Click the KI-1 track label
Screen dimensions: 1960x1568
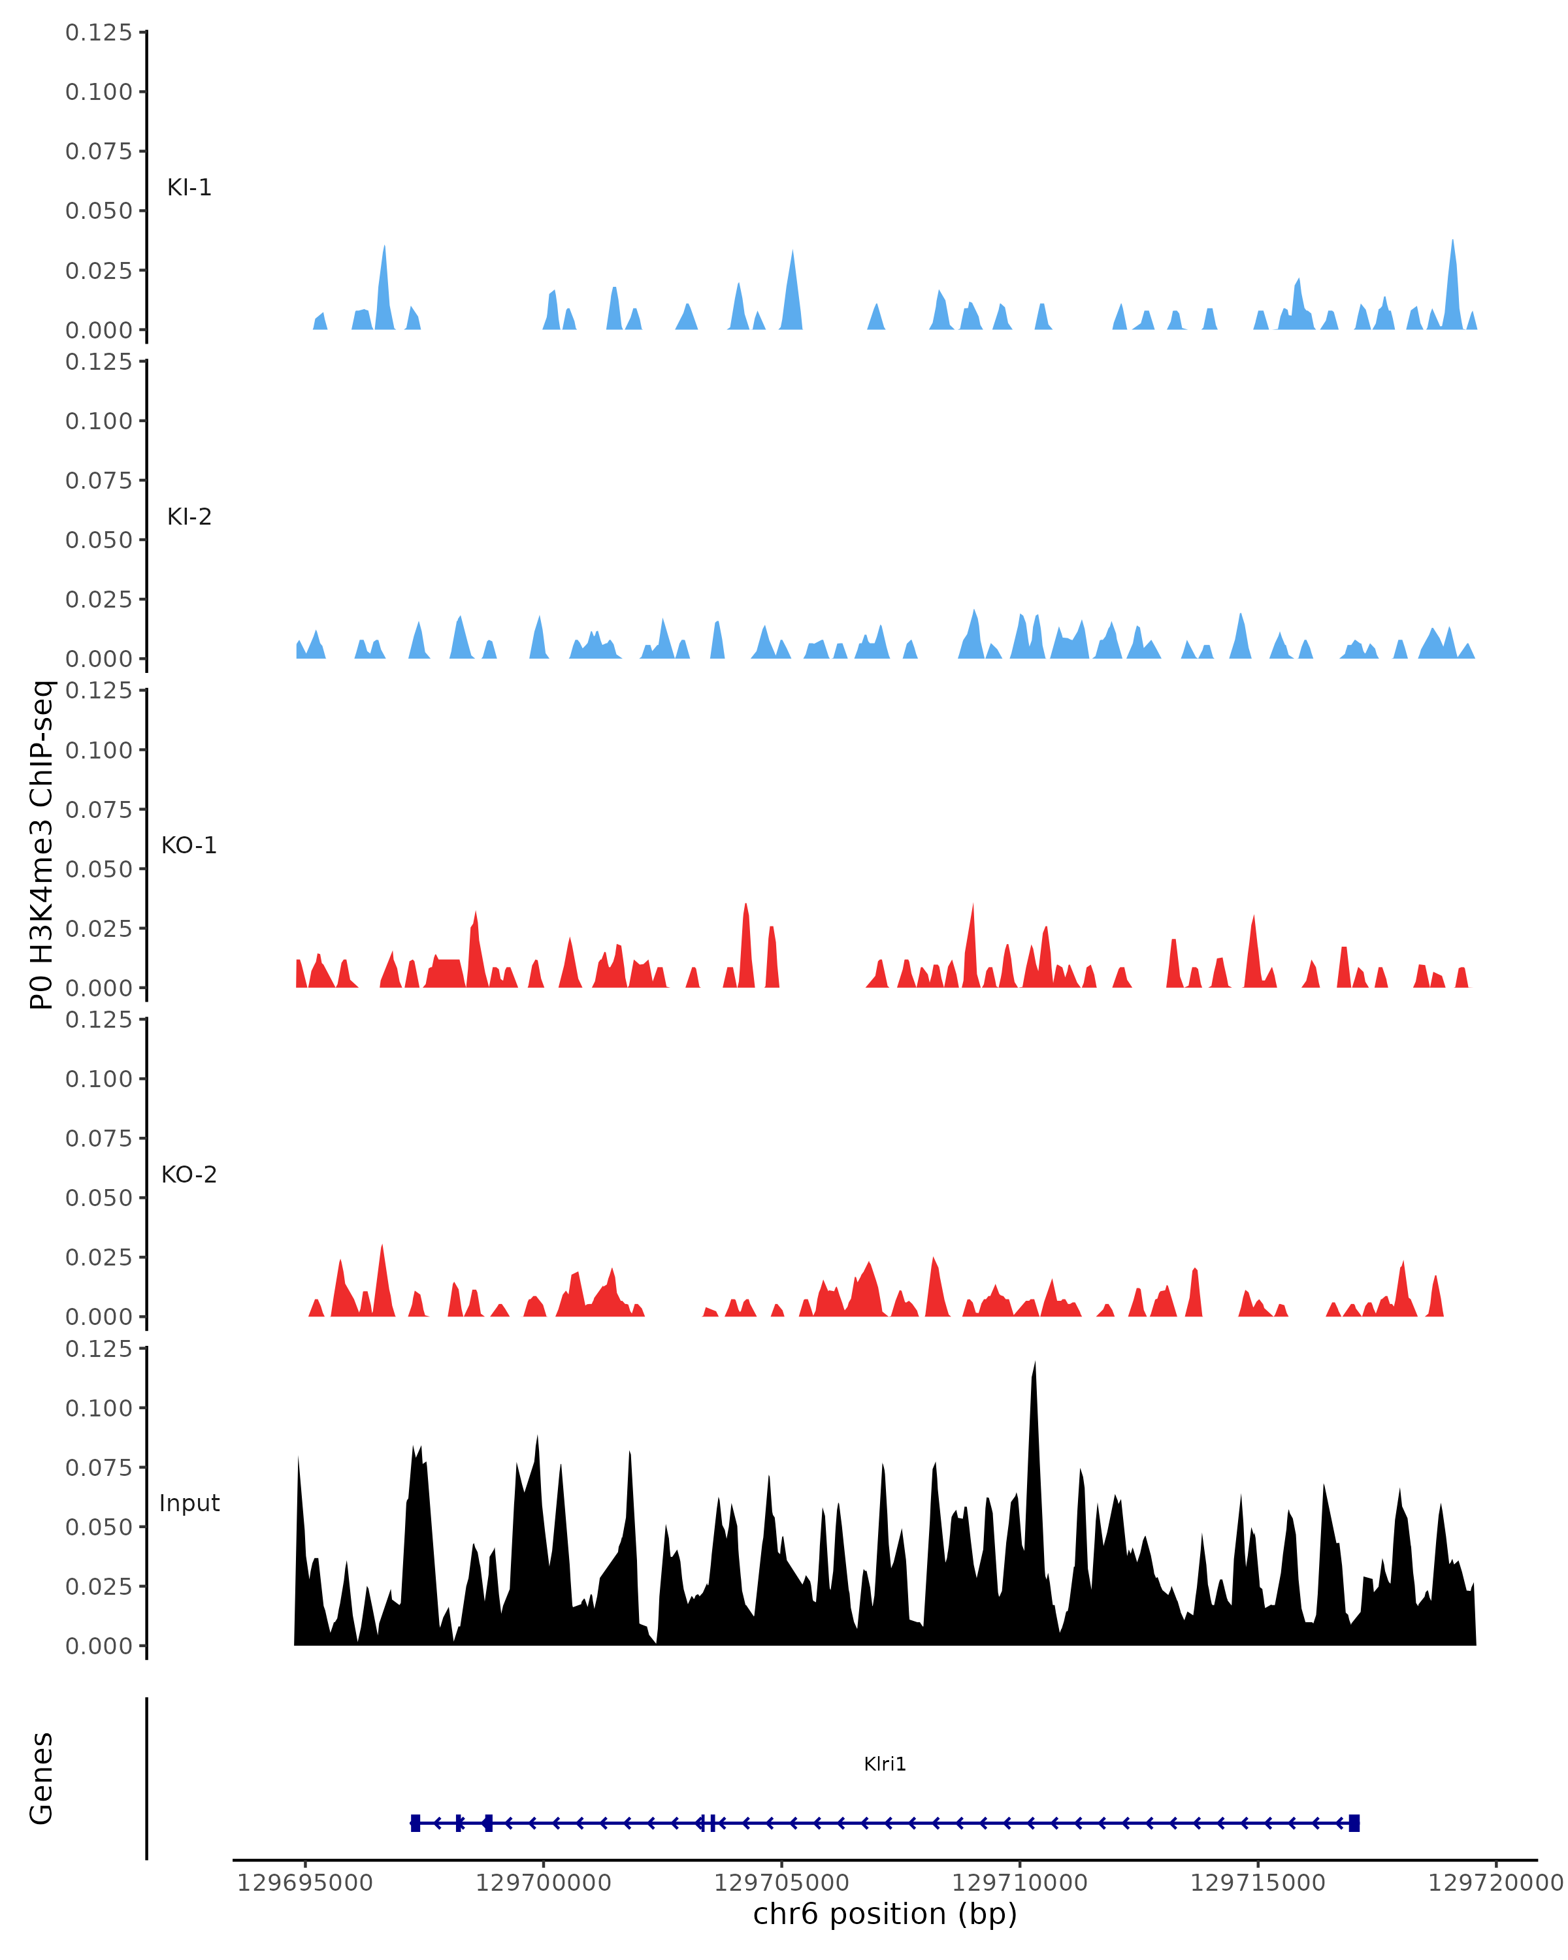click(189, 188)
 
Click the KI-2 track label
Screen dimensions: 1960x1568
click(189, 516)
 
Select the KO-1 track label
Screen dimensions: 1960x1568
click(189, 845)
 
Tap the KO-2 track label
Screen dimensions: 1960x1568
click(189, 1175)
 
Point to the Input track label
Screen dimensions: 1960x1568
click(189, 1503)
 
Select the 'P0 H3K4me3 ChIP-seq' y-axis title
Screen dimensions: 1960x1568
click(42, 845)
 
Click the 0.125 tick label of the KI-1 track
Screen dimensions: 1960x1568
click(98, 33)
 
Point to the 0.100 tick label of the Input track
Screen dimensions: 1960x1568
click(98, 1408)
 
